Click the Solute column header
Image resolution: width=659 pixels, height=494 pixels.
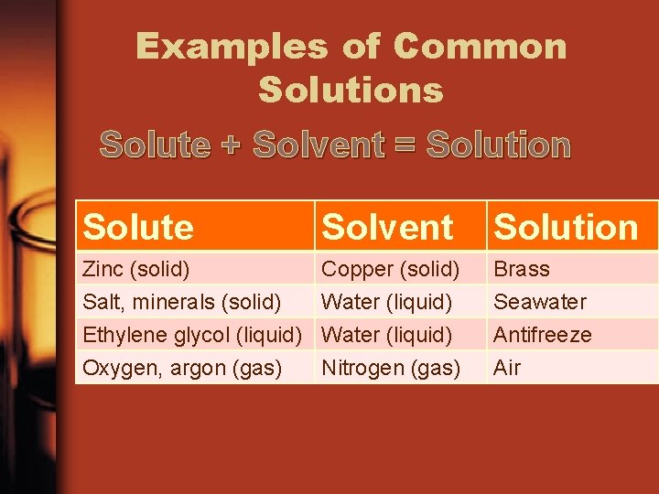(138, 227)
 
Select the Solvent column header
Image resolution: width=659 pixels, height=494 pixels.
(388, 227)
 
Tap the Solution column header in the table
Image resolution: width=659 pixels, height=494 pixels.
(566, 227)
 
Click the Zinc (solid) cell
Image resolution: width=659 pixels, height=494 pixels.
(136, 269)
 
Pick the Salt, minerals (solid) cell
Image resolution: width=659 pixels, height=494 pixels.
(181, 302)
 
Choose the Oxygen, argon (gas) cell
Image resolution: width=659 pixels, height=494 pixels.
(182, 368)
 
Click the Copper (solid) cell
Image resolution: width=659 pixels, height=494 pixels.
(391, 269)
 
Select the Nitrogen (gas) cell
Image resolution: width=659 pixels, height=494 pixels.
(391, 368)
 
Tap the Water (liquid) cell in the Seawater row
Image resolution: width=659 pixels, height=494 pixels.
(387, 302)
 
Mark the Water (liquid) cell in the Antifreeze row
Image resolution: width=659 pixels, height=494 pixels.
(387, 335)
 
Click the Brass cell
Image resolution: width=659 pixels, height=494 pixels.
(522, 269)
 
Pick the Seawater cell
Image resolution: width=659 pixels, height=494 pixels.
(540, 302)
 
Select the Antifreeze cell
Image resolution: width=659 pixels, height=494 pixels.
(543, 335)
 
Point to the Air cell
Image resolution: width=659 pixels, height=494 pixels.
(507, 368)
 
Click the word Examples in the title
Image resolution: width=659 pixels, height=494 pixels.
(231, 46)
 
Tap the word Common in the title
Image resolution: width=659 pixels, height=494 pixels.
(481, 46)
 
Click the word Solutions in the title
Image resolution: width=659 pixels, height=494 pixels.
(351, 90)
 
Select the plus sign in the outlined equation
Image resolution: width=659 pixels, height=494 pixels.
(232, 145)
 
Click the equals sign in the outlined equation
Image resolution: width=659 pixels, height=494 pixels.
(405, 145)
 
